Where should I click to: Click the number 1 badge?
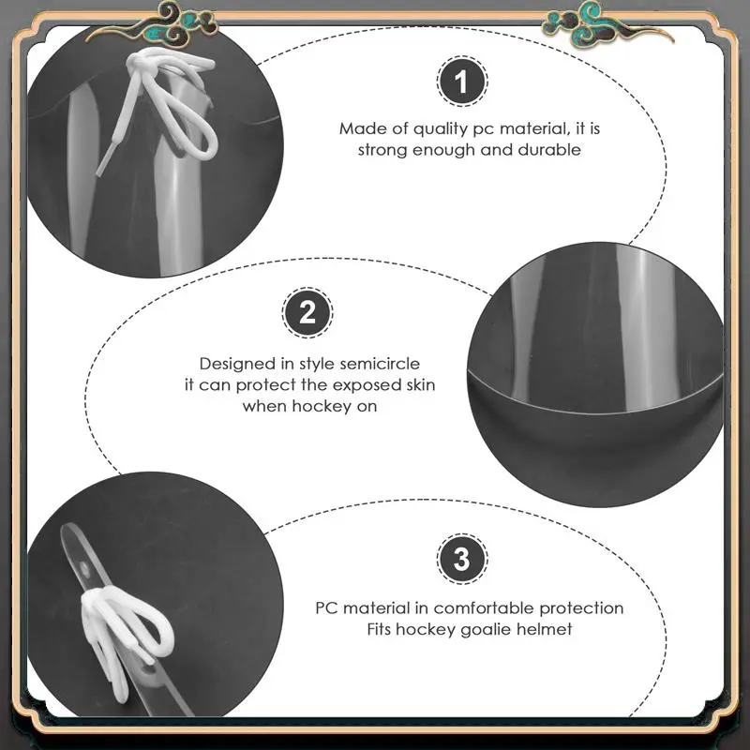coord(462,81)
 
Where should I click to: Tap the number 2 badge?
coord(307,312)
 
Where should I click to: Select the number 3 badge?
coord(462,559)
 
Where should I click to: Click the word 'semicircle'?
coord(380,364)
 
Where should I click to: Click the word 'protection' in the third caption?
coord(581,608)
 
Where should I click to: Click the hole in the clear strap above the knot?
coord(85,569)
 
